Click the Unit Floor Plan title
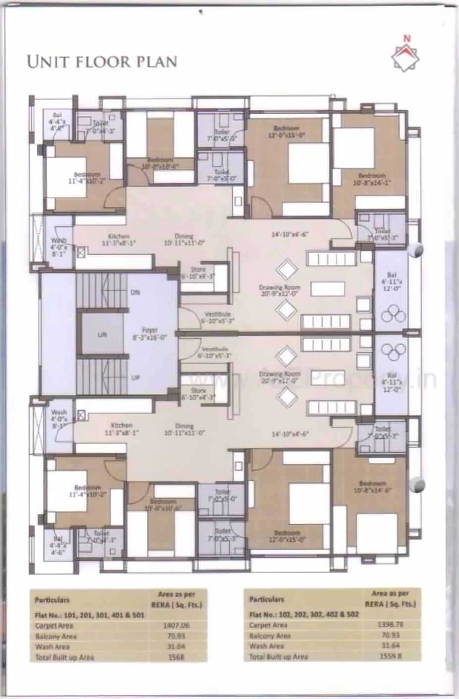(102, 61)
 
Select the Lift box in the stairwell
(102, 335)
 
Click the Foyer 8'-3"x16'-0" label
(150, 333)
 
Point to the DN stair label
(135, 292)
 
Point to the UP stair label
(135, 378)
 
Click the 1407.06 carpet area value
(176, 625)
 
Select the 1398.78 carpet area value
(390, 624)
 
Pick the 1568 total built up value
(176, 657)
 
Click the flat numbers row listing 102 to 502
(304, 614)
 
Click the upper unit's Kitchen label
(118, 240)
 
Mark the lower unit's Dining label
(184, 429)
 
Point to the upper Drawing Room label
(280, 290)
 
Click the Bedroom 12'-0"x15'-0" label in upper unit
(286, 131)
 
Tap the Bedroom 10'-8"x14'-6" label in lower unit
(372, 486)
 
